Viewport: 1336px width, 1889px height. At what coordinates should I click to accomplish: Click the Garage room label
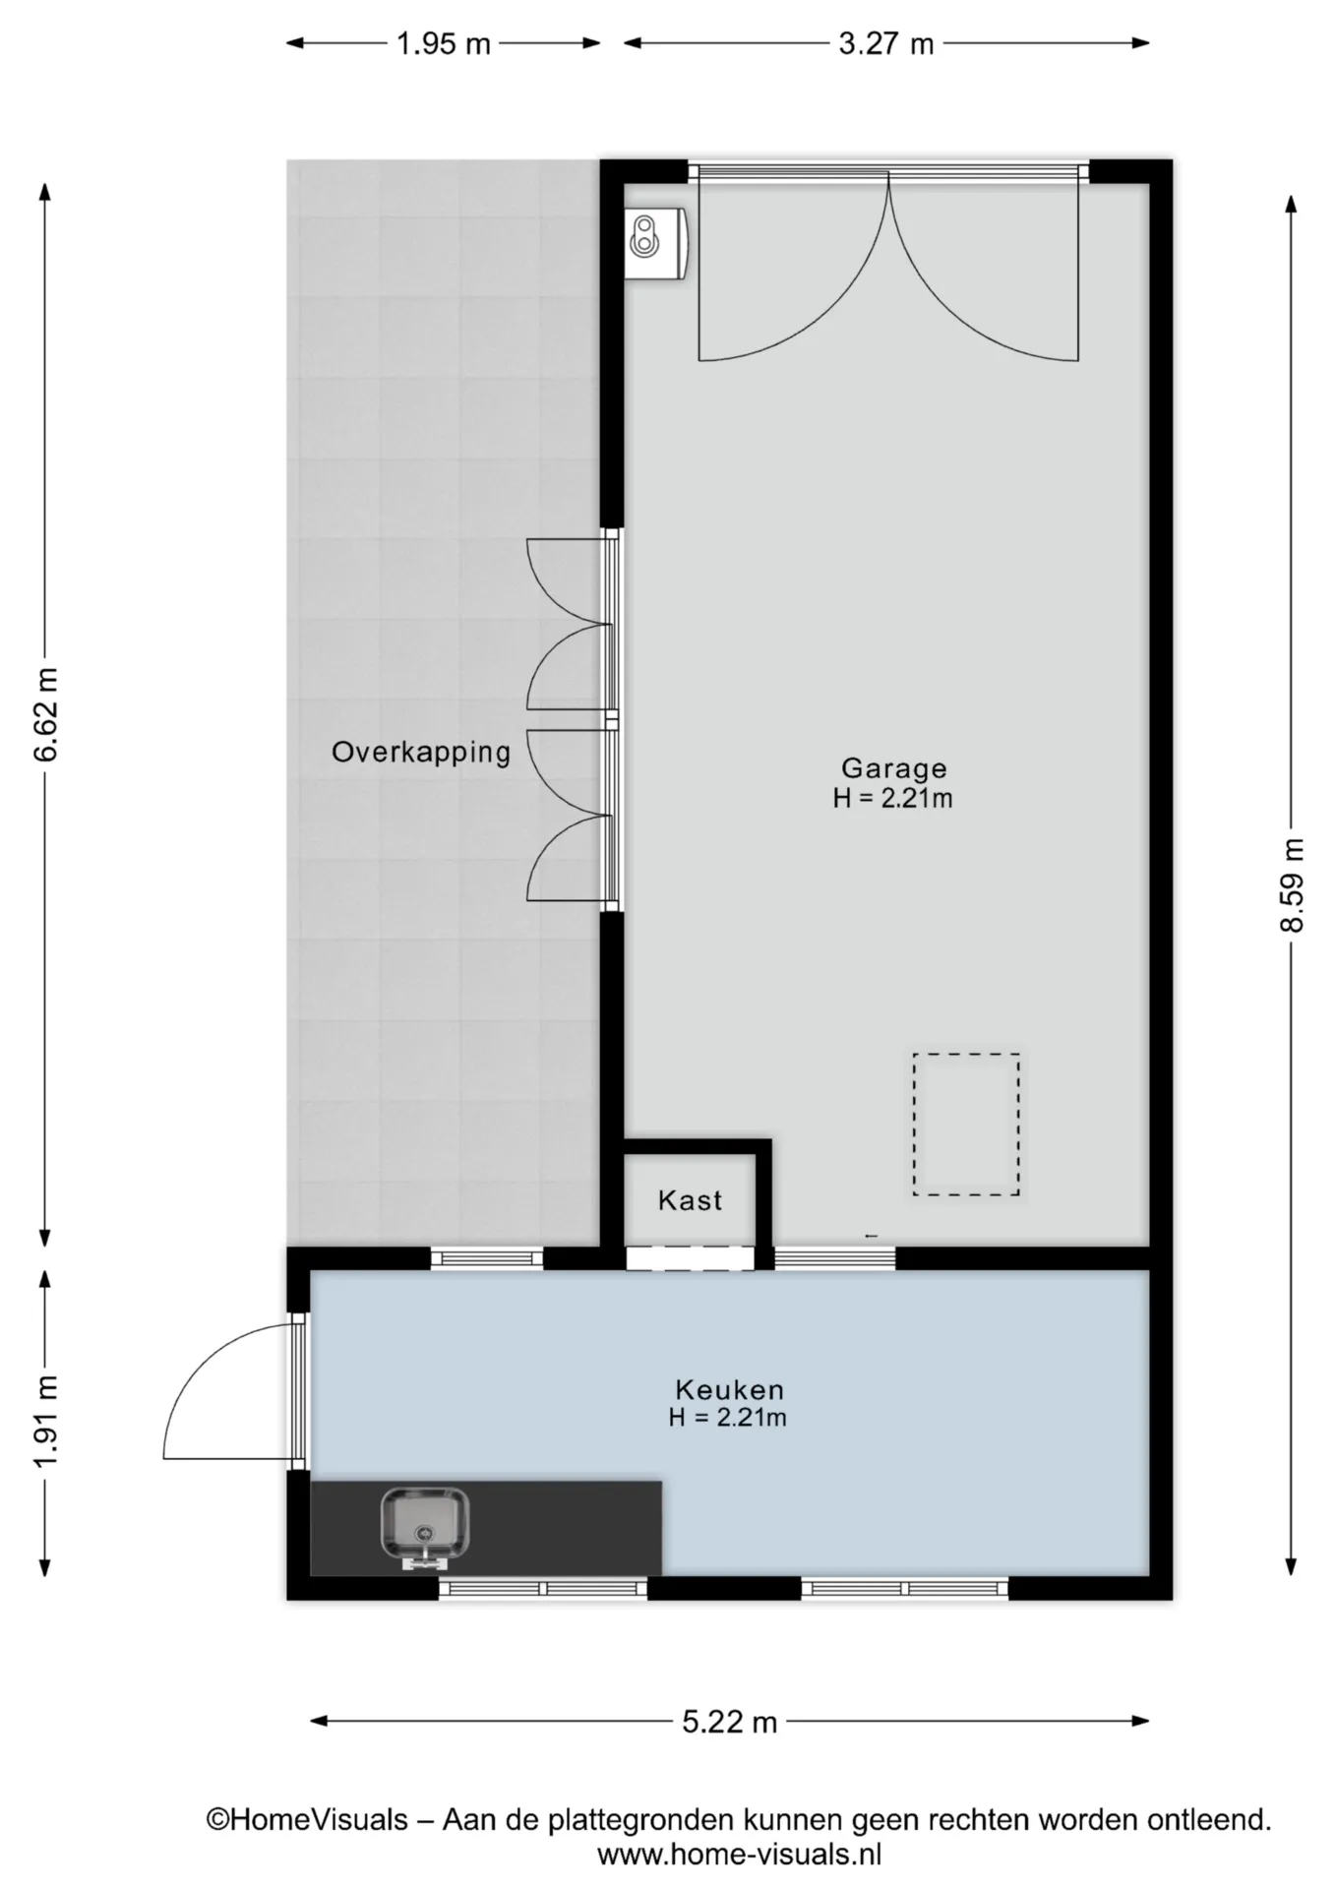tap(893, 768)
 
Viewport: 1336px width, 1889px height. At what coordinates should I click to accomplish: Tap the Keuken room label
tap(729, 1390)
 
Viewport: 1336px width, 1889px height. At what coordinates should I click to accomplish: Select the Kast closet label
tap(690, 1200)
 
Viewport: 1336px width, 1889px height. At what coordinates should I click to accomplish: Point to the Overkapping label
tap(421, 753)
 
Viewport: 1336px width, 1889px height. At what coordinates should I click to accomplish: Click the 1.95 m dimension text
tap(444, 44)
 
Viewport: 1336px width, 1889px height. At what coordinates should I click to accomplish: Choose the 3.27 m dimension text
tap(885, 44)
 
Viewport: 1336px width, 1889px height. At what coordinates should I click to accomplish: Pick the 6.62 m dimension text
tap(46, 713)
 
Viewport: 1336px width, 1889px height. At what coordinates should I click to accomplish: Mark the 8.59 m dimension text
tap(1292, 885)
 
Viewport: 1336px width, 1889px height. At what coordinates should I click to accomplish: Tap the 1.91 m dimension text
tap(46, 1421)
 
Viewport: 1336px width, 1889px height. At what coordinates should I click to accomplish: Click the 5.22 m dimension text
tap(729, 1722)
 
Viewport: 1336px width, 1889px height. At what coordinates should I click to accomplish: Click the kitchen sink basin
tap(425, 1528)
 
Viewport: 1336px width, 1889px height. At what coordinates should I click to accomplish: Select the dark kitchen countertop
tap(486, 1528)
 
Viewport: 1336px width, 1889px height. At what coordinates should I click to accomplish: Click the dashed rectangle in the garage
tap(966, 1125)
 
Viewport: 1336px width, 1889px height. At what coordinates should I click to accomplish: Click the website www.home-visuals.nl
tap(739, 1855)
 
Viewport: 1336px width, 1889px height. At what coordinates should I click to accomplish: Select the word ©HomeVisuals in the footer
tap(307, 1820)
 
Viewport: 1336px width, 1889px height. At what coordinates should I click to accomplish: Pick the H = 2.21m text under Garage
tap(893, 798)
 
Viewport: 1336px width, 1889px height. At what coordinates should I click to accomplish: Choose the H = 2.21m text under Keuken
tap(728, 1418)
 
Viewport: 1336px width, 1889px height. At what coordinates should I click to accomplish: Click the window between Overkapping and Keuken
tap(487, 1257)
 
